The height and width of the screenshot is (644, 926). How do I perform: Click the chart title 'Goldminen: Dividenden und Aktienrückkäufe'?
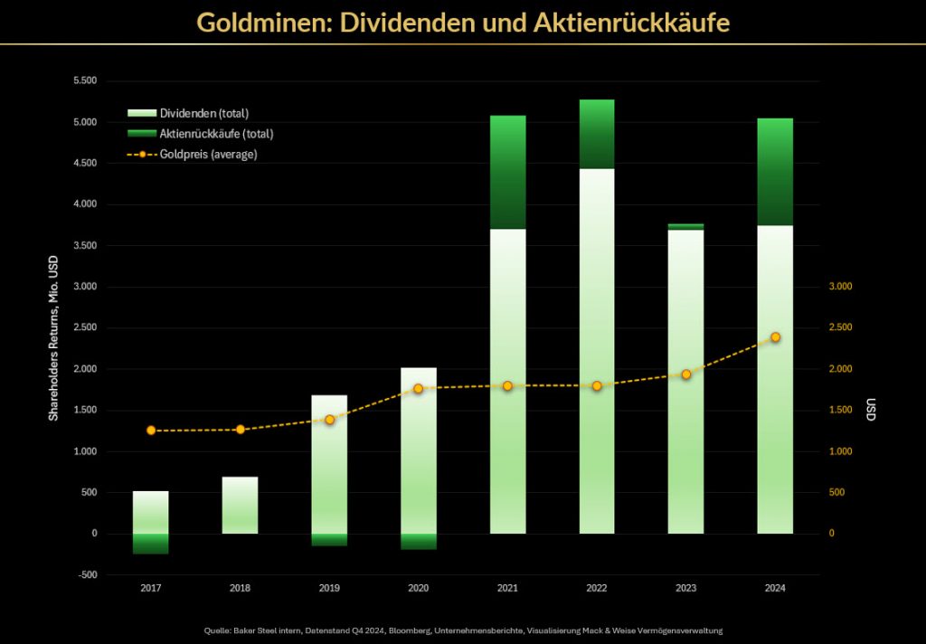pos(463,22)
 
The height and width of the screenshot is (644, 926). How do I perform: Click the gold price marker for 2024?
pos(775,337)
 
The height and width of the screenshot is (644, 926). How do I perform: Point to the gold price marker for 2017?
pos(151,431)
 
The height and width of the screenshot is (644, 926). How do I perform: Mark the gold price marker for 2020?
pos(418,389)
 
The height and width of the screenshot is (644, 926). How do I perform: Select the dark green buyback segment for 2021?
pos(507,172)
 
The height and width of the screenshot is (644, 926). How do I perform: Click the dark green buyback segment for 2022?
pos(596,134)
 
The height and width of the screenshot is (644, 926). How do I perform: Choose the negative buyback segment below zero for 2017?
pos(151,544)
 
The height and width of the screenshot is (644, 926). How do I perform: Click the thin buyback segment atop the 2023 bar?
pos(685,226)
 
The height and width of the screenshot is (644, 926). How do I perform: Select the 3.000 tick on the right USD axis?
pos(840,287)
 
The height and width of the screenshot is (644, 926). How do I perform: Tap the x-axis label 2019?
pos(329,588)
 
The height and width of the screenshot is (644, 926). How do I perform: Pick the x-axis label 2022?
pos(596,588)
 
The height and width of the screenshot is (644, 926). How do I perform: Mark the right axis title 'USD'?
pos(871,410)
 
